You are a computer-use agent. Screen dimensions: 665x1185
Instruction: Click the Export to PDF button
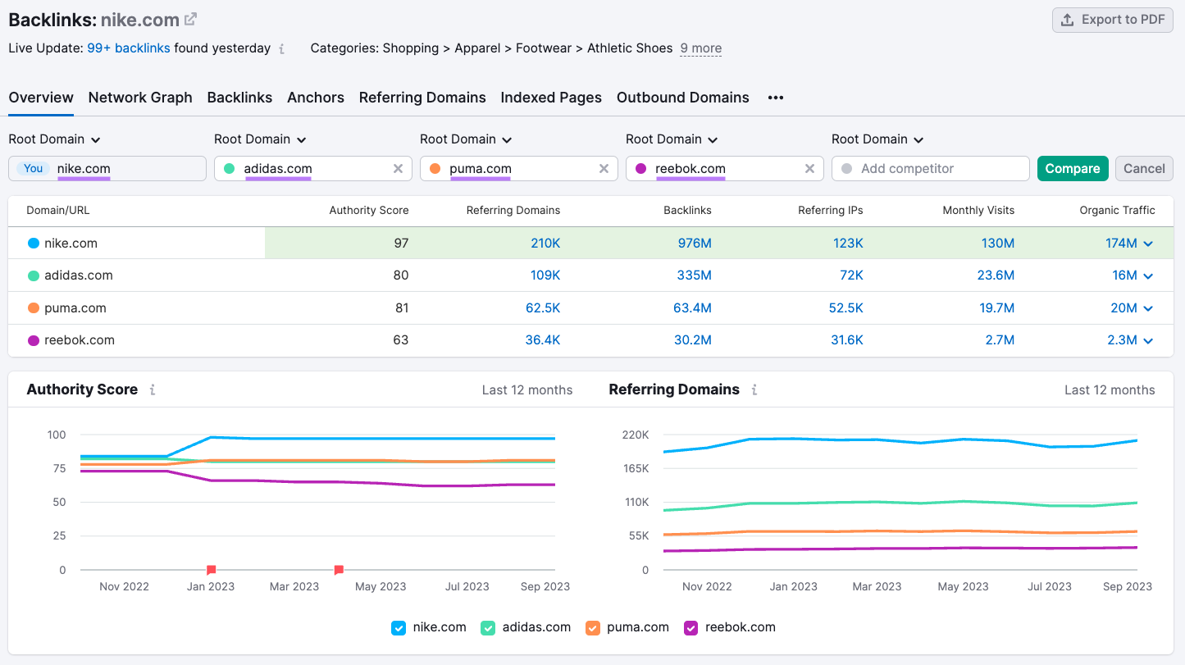[1113, 20]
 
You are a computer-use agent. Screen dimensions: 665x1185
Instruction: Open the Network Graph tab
[140, 98]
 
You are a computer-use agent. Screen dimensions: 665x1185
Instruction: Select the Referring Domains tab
[422, 98]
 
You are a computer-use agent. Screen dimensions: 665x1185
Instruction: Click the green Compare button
[1072, 168]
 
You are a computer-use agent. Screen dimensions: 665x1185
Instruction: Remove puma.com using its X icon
[604, 168]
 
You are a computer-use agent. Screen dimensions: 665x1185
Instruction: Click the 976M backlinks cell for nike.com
[694, 243]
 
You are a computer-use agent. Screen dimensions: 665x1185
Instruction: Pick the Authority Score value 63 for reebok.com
[400, 339]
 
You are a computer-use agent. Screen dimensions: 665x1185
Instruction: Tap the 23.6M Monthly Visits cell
[996, 276]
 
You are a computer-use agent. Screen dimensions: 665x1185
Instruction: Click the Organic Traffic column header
[1117, 210]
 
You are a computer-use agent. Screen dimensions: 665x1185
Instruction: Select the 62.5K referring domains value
[543, 308]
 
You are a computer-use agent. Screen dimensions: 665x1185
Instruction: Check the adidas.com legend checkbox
[488, 627]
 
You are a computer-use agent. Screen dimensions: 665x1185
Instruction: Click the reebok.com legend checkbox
[690, 627]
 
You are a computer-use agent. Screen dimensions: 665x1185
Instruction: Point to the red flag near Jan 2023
[211, 569]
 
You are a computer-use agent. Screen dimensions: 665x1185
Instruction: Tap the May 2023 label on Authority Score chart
[381, 586]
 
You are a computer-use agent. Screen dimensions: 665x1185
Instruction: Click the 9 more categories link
[700, 48]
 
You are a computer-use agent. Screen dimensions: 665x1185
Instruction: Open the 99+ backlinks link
[129, 48]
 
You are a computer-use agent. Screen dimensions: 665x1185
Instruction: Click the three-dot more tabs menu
[776, 98]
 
